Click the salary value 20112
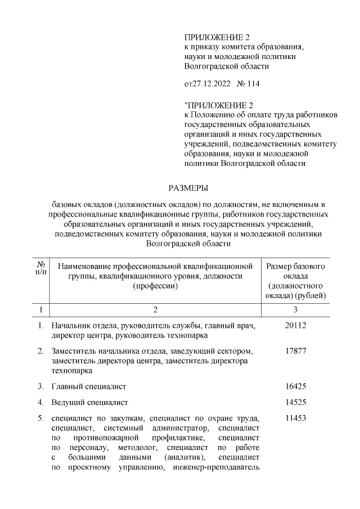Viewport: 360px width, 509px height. tap(296, 326)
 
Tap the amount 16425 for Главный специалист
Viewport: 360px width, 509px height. tap(296, 386)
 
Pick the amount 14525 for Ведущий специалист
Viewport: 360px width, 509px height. tap(296, 403)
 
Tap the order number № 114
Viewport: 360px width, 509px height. tap(249, 84)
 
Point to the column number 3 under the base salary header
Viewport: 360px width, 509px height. tap(296, 309)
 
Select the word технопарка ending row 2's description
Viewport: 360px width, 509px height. tap(71, 371)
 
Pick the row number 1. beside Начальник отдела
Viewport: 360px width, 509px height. tap(41, 326)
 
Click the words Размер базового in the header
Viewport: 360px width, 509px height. tap(296, 265)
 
